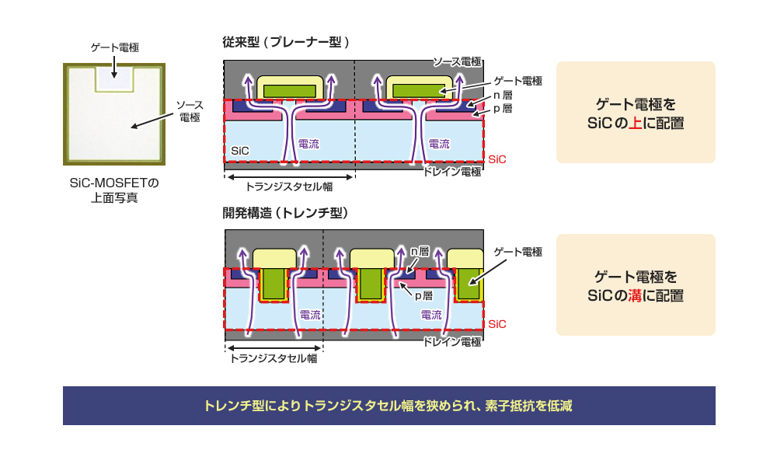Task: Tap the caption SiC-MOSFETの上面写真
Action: (x=114, y=190)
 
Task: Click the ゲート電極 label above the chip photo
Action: (x=114, y=48)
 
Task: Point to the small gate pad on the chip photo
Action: (x=114, y=78)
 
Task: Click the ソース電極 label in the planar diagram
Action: (x=457, y=61)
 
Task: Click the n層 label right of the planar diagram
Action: (x=503, y=96)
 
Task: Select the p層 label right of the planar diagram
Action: (x=503, y=109)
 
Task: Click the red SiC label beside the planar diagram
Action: (x=497, y=159)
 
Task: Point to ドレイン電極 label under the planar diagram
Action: (x=451, y=172)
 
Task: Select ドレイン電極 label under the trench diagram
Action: (x=451, y=341)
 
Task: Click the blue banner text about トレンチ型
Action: (x=388, y=406)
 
